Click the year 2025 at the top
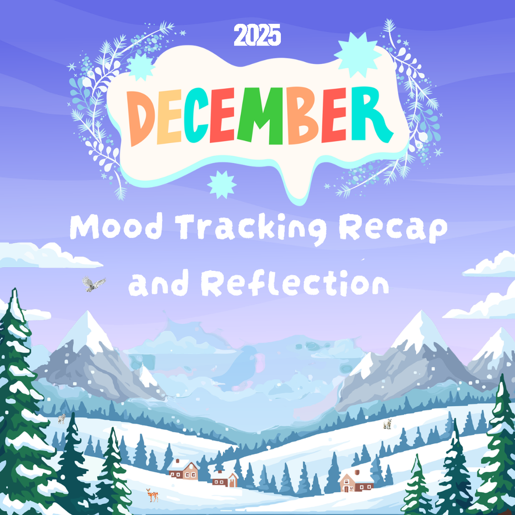tap(257, 36)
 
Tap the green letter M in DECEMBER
tap(260, 116)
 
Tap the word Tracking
tap(253, 229)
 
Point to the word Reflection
tap(295, 282)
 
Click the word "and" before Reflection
tap(158, 284)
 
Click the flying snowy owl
tap(94, 284)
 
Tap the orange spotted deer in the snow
tap(153, 495)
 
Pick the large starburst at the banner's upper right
tap(357, 55)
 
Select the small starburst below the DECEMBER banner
tap(221, 185)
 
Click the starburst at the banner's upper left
tap(140, 67)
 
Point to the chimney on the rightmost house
tap(357, 473)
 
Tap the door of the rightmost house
tap(346, 488)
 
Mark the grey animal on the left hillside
tap(62, 418)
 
